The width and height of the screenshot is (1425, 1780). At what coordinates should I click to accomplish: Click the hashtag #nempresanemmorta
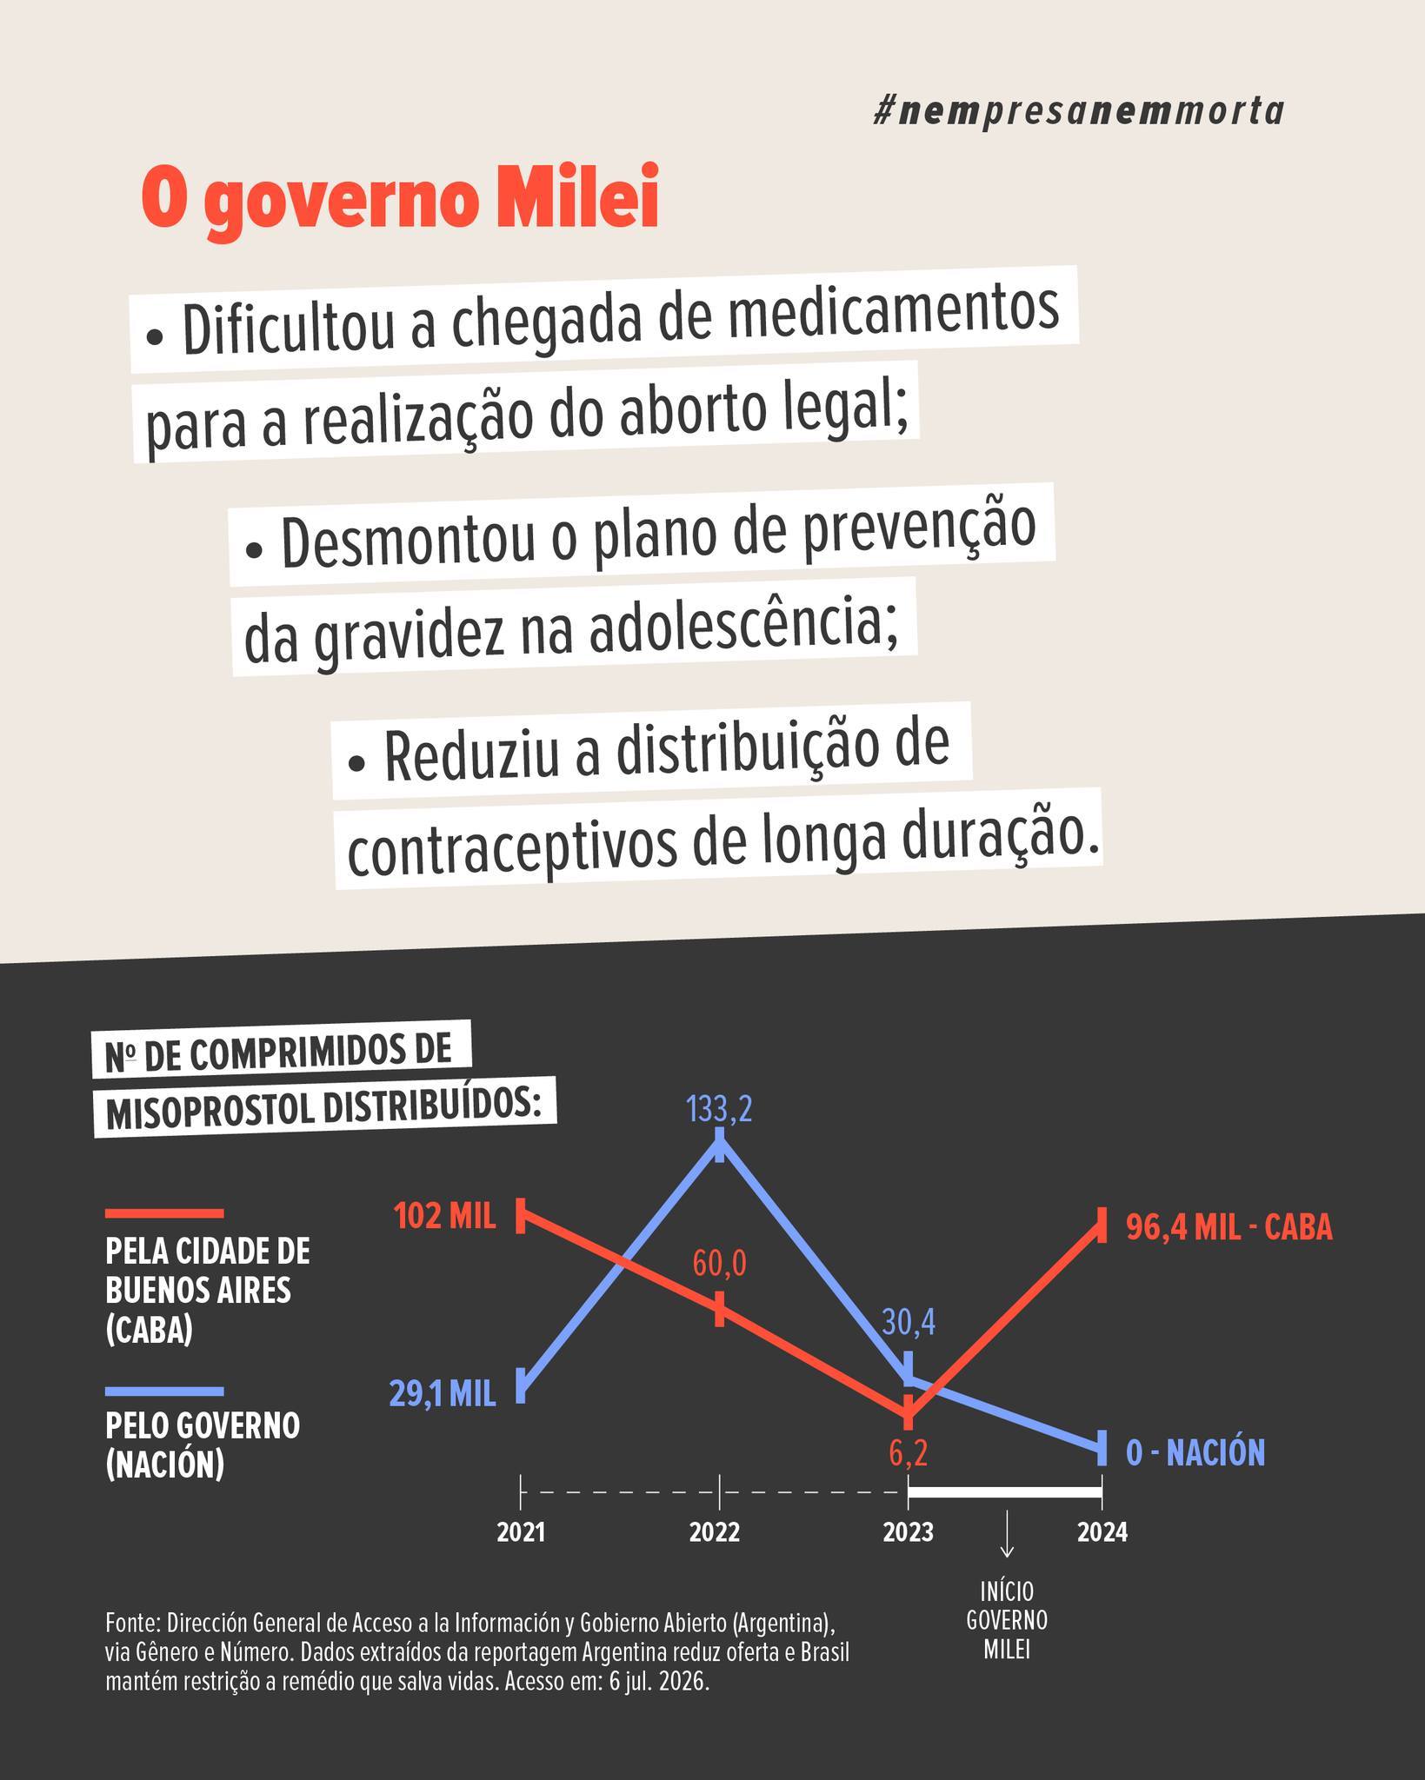(x=1078, y=112)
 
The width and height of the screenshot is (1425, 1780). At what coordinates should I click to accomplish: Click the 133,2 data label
(x=718, y=1111)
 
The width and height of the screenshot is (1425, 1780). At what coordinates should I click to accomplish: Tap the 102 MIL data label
(x=445, y=1216)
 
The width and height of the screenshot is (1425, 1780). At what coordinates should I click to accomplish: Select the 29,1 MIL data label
(x=443, y=1394)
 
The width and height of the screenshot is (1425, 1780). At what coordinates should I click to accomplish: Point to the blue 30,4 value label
(x=909, y=1322)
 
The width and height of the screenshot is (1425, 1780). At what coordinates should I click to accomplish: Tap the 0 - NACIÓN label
(x=1195, y=1452)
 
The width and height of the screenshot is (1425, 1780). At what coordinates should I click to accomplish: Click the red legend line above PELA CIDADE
(x=164, y=1212)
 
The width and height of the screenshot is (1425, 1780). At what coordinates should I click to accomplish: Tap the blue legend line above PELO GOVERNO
(x=164, y=1391)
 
